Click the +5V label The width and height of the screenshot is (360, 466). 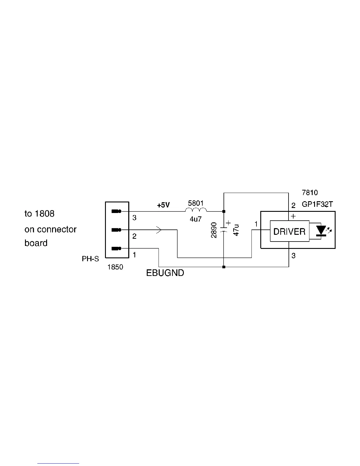point(163,205)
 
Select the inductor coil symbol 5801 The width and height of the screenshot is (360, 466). point(196,210)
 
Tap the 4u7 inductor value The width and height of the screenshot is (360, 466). point(196,219)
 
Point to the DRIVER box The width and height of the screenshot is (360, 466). point(289,231)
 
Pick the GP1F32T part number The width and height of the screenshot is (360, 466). point(317,205)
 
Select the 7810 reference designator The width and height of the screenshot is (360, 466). point(310,193)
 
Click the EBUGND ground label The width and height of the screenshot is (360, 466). point(165,273)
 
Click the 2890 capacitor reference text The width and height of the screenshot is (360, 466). point(214,230)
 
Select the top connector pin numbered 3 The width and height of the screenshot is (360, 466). point(117,211)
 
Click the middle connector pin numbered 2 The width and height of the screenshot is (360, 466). point(117,229)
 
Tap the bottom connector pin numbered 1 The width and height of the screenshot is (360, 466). point(117,249)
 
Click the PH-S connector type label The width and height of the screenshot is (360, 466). point(90,259)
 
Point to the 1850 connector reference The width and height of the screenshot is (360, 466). point(115,267)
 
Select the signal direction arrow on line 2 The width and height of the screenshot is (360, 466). point(159,230)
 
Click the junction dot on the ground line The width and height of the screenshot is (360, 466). point(224,267)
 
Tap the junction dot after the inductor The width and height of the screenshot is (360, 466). point(224,211)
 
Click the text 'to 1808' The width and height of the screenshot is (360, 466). point(39,214)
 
